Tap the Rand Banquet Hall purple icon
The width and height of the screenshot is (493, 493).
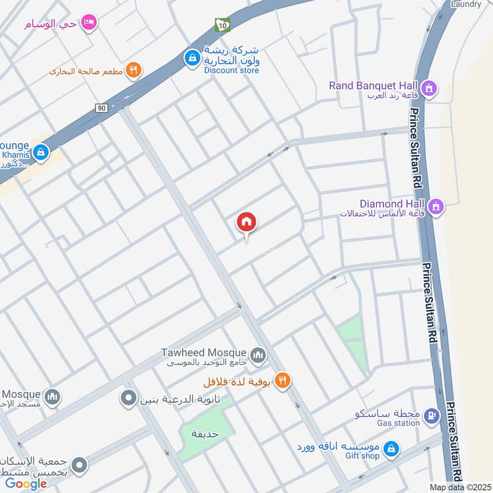pos(430,89)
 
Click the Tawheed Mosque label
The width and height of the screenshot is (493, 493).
pos(204,352)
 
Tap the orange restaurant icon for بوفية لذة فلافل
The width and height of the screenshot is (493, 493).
pos(283,381)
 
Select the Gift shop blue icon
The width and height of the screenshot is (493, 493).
pos(390,450)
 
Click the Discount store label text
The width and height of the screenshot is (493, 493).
pos(232,70)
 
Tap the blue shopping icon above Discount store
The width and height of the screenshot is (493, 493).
pos(193,58)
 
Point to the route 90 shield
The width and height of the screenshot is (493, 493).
pos(101,108)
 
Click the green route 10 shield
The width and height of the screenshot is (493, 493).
pos(221,25)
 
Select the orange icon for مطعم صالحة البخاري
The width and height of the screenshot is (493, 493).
pos(132,70)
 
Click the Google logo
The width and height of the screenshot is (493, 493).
pos(26,484)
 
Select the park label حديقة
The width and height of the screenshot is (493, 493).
pos(205,433)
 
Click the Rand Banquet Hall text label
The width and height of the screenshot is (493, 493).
pos(373,86)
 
